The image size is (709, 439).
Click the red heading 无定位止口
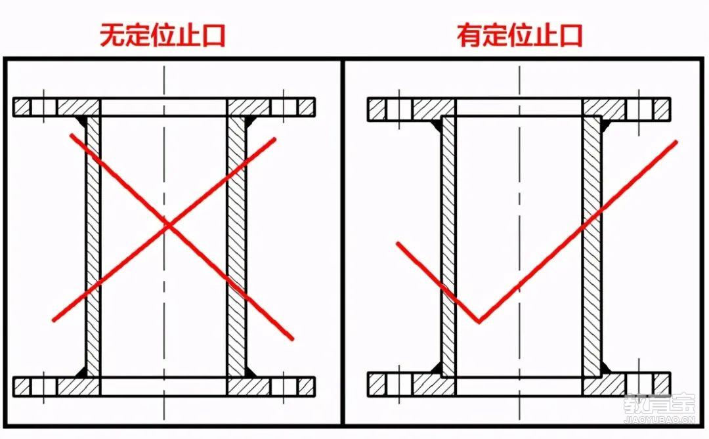coord(162,35)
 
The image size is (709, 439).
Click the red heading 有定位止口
coord(519,35)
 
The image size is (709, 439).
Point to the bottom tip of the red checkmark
coord(479,322)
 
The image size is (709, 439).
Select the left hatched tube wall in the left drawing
coord(93,246)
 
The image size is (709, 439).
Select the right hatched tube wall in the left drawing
coord(236,246)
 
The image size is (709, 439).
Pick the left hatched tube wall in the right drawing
coord(449,246)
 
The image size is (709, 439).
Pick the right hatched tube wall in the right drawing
coord(592,246)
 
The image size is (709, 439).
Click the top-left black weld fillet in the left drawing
coord(81,121)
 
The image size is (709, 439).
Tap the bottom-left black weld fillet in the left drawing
coord(81,371)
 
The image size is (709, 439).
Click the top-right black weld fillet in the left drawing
coord(251,121)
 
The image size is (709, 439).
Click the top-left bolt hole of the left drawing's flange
coord(43,108)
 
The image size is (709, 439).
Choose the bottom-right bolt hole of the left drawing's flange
coord(284,387)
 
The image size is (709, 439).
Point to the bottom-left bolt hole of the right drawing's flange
coord(399,385)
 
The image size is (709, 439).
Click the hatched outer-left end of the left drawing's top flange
coord(22,108)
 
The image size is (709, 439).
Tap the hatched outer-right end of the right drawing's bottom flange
coord(661,385)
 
